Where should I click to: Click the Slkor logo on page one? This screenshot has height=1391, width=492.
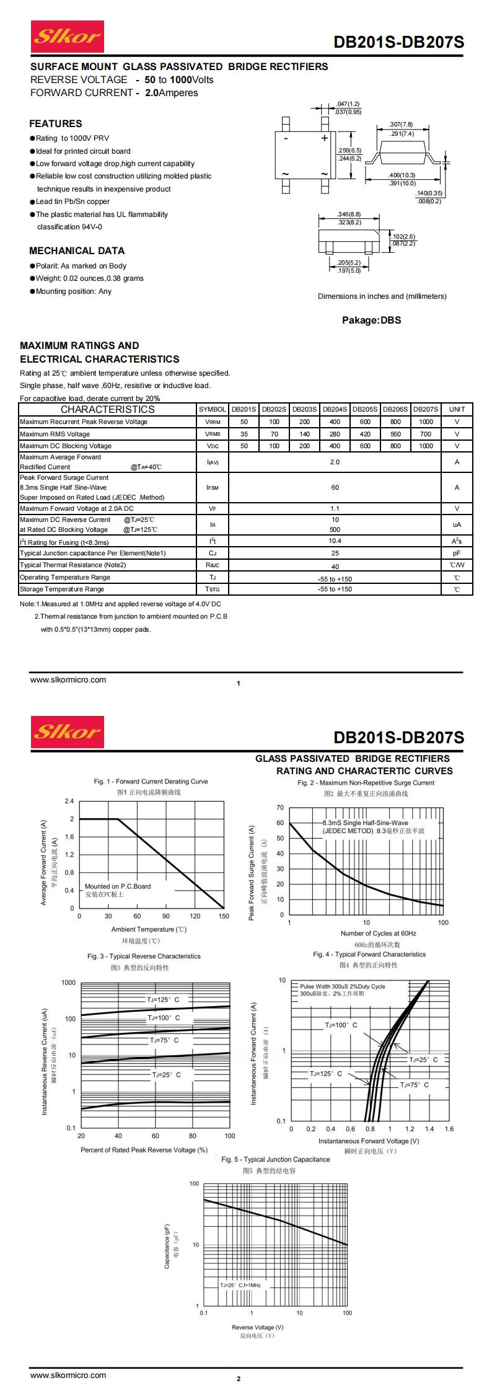pyautogui.click(x=67, y=37)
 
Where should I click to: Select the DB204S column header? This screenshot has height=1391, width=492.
pyautogui.click(x=335, y=409)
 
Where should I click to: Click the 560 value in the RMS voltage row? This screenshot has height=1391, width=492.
pyautogui.click(x=395, y=434)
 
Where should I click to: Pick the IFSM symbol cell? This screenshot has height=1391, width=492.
pyautogui.click(x=212, y=487)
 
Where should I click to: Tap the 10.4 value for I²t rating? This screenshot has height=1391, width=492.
pyautogui.click(x=335, y=541)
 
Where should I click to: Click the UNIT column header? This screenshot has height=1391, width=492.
pyautogui.click(x=457, y=409)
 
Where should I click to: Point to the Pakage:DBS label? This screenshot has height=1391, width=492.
pyautogui.click(x=371, y=320)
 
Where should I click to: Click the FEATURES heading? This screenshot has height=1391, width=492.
pyautogui.click(x=55, y=123)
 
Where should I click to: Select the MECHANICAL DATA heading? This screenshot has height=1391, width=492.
pyautogui.click(x=77, y=250)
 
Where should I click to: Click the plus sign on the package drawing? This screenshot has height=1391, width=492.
pyautogui.click(x=324, y=138)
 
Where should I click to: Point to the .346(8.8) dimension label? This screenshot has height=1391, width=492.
pyautogui.click(x=349, y=214)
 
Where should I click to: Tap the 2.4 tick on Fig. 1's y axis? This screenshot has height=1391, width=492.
pyautogui.click(x=69, y=801)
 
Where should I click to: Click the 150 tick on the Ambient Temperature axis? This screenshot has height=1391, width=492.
pyautogui.click(x=224, y=916)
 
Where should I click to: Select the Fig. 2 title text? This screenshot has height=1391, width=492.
pyautogui.click(x=366, y=782)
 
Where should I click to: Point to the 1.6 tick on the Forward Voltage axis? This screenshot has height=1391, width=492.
pyautogui.click(x=449, y=1129)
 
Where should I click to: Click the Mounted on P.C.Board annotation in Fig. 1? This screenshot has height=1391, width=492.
pyautogui.click(x=118, y=886)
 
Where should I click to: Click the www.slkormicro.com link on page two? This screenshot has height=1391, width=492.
pyautogui.click(x=68, y=1374)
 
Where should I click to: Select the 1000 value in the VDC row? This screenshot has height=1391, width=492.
pyautogui.click(x=426, y=446)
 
